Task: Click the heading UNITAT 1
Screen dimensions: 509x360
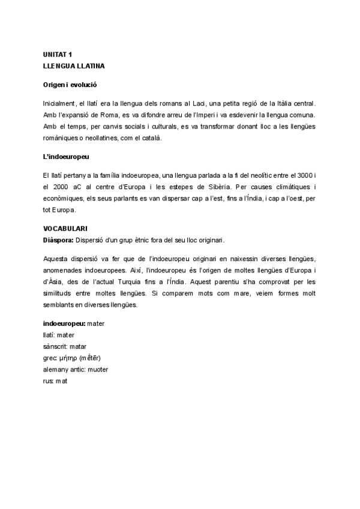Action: pyautogui.click(x=58, y=55)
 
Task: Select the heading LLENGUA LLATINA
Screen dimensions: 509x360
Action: pyautogui.click(x=70, y=64)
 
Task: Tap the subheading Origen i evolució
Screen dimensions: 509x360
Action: pyautogui.click(x=70, y=85)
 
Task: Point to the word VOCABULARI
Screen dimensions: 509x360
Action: pyautogui.click(x=65, y=229)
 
